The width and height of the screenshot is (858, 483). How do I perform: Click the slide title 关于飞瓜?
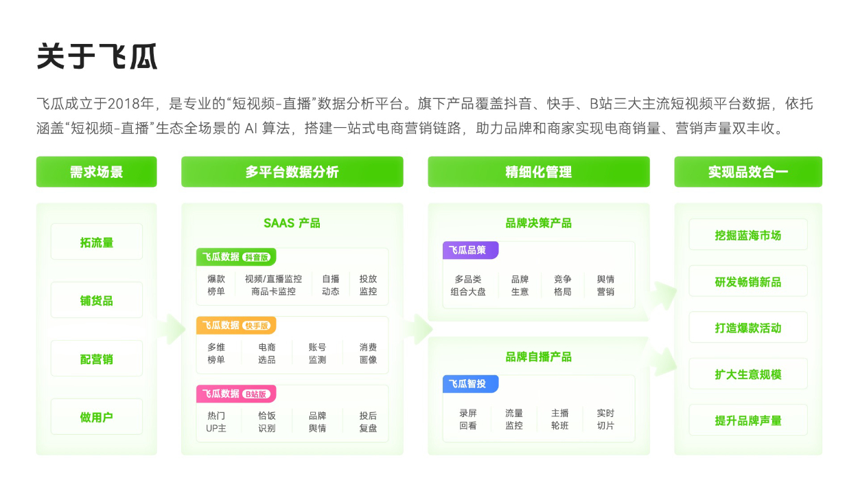97,56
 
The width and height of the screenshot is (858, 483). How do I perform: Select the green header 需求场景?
97,172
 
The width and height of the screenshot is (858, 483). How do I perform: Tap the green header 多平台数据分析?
292,172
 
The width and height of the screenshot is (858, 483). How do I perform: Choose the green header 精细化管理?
539,172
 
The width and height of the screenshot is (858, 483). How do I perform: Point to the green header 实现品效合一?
748,172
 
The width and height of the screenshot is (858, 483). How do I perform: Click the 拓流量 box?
97,242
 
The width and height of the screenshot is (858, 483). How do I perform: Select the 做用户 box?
97,416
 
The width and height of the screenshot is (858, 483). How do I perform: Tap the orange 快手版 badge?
257,326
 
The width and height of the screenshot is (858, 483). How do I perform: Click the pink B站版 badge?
256,394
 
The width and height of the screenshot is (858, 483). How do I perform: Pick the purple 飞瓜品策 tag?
470,250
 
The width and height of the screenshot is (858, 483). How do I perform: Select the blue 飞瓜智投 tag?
470,383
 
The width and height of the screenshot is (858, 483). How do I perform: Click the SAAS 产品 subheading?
292,223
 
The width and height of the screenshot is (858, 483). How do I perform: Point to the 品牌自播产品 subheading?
539,357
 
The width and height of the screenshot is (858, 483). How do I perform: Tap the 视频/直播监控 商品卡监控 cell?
273,285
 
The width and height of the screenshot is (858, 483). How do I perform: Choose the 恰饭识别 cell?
266,422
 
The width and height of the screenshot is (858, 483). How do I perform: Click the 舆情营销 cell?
605,285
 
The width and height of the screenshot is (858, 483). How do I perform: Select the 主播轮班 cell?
559,419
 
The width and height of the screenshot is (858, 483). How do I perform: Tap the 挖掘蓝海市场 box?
748,234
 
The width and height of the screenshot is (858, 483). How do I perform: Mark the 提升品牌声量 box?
748,420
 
